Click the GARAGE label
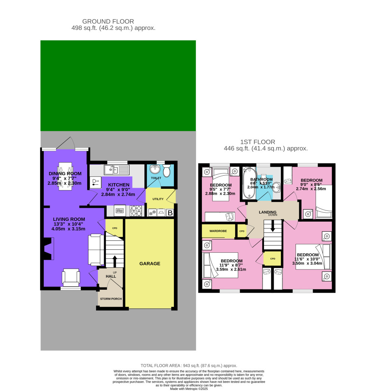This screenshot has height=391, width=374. click(x=150, y=264)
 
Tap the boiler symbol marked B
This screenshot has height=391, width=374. click(x=170, y=213)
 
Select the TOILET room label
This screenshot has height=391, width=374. click(x=156, y=178)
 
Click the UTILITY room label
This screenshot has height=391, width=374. click(x=158, y=199)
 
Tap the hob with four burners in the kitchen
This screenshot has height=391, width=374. click(x=135, y=212)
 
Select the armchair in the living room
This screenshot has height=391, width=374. click(x=71, y=277)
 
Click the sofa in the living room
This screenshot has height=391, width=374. click(x=95, y=249)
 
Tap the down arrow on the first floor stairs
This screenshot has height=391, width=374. click(x=273, y=225)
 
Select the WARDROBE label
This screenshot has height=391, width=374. click(x=218, y=231)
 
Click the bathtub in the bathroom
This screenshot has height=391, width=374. click(x=249, y=185)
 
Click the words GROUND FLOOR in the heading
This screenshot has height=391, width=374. click(x=108, y=21)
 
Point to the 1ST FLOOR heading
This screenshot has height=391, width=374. click(x=258, y=142)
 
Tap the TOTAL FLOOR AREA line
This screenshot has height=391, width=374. click(x=189, y=366)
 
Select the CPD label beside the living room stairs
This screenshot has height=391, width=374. click(x=114, y=228)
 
